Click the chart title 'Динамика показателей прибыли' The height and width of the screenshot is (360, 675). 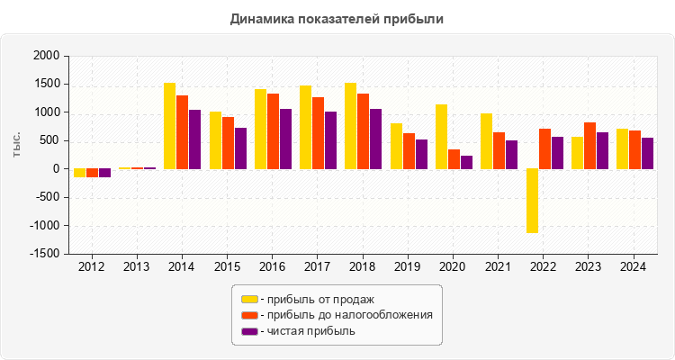(337, 18)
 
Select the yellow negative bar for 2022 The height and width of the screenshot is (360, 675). (532, 201)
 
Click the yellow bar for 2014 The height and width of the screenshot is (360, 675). (169, 126)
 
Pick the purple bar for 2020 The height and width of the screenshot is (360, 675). (466, 162)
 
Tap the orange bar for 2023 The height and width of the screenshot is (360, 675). (589, 146)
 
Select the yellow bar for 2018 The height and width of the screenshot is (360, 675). (350, 126)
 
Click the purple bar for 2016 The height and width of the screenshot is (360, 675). (285, 139)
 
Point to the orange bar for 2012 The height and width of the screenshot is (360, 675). (92, 173)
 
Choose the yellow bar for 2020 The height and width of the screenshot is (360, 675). (441, 137)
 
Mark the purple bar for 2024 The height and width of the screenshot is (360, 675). (647, 153)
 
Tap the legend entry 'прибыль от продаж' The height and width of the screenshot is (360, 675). (316, 299)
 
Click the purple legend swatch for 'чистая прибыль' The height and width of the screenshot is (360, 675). (249, 331)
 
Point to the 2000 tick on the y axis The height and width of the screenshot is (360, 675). (46, 56)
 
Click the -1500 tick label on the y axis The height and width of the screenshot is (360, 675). (43, 254)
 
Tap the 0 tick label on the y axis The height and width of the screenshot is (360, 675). (55, 169)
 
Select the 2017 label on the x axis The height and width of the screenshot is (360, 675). (318, 267)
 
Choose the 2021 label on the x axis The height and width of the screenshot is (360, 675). (499, 267)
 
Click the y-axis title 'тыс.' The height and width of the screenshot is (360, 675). (16, 143)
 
